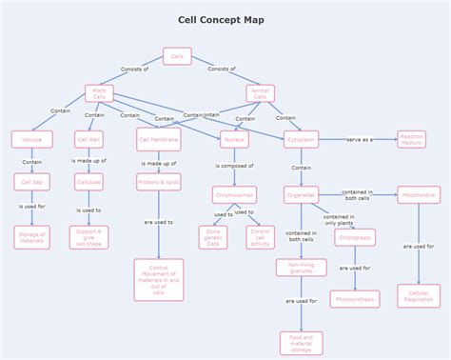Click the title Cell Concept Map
point(222,19)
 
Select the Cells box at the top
point(177,56)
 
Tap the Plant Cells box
point(99,93)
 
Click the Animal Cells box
point(261,93)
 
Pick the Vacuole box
point(32,140)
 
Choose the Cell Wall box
point(88,140)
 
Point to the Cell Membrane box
point(158,140)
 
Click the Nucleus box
point(234,140)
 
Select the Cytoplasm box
point(301,140)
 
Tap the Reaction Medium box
point(411,140)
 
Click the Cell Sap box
point(32,181)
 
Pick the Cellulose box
point(88,181)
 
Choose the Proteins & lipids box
point(158,181)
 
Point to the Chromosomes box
point(234,195)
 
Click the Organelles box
point(301,195)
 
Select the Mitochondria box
point(419,195)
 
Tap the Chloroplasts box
point(355,237)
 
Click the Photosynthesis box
point(355,299)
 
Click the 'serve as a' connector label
point(359,140)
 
